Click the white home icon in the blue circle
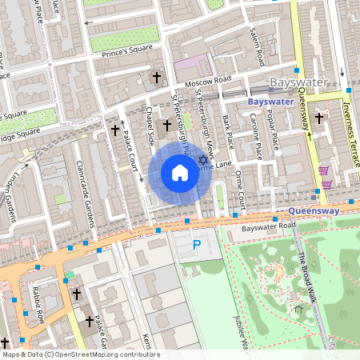click(x=180, y=173)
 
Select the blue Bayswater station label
click(x=270, y=103)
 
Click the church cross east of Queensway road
click(x=318, y=118)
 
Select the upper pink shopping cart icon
click(x=324, y=170)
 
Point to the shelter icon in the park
click(x=298, y=310)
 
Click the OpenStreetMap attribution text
click(x=80, y=354)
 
